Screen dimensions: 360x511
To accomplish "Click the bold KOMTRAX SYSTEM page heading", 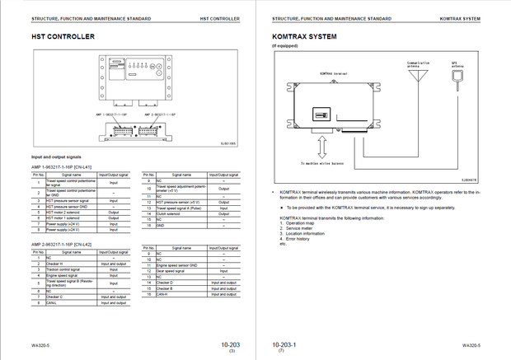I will (x=305, y=36).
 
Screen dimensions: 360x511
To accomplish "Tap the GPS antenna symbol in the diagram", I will (x=455, y=77).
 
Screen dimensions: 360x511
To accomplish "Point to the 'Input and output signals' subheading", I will (x=55, y=156).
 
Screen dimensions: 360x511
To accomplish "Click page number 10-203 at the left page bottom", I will (x=230, y=345).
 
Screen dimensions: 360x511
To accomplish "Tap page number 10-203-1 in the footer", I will (x=284, y=345).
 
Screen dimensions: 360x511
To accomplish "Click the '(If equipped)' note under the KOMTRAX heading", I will (x=284, y=46).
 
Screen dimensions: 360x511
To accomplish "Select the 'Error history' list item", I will (x=298, y=238).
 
